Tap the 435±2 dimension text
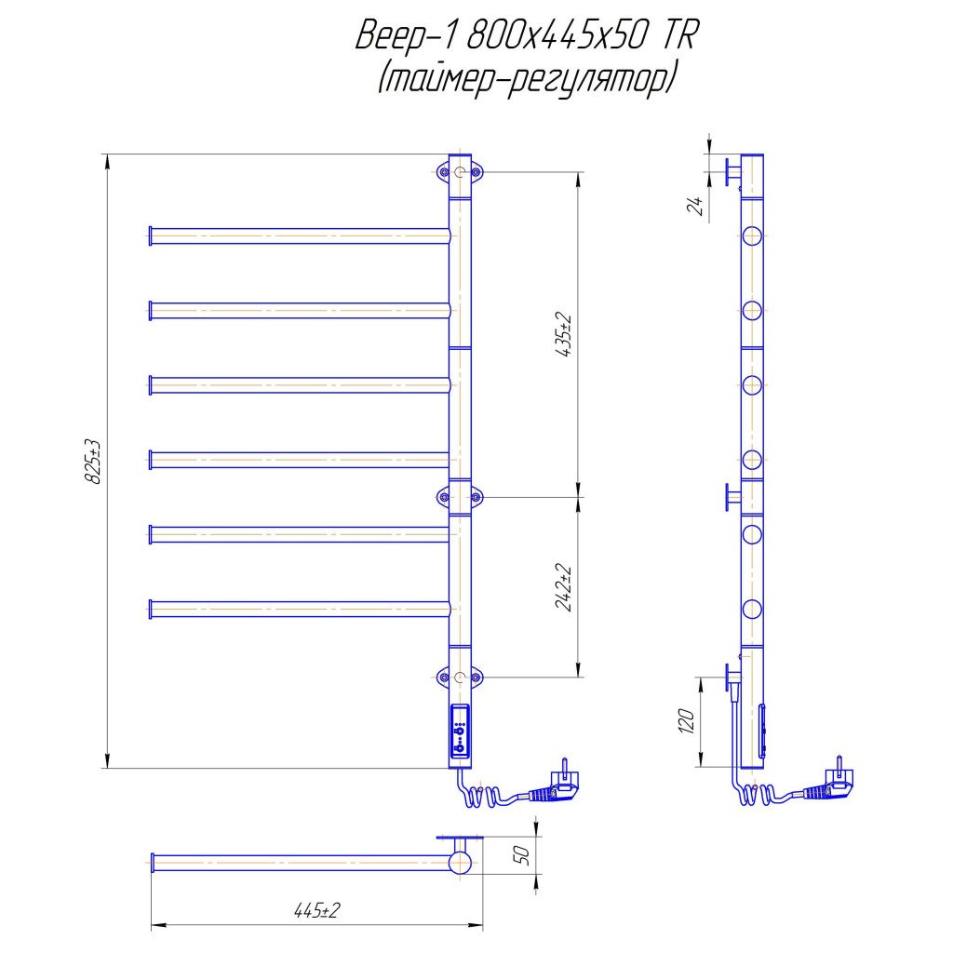coord(563,335)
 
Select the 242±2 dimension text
coord(563,588)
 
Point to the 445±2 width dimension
coord(316,910)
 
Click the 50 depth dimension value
coord(521,855)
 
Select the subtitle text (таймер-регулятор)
coord(527,78)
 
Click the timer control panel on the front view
coord(460,732)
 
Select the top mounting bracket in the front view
coord(460,172)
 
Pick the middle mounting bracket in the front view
coord(460,497)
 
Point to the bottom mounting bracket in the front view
coord(460,677)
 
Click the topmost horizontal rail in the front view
coord(300,235)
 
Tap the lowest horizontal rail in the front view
coord(300,609)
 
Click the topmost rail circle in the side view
coord(752,235)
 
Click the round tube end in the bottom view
coord(460,863)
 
